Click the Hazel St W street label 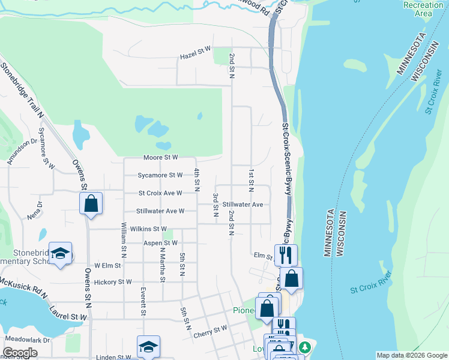(x=196, y=56)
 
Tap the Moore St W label (x=161, y=158)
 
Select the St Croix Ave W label (x=160, y=193)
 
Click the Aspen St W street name (x=161, y=243)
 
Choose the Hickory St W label (x=113, y=281)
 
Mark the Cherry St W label (x=211, y=328)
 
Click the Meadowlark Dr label (x=27, y=340)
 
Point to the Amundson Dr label (x=19, y=152)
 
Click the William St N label (x=124, y=236)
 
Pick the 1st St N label (x=251, y=181)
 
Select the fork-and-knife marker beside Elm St (x=286, y=255)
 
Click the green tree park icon (x=305, y=347)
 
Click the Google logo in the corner (x=20, y=353)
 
